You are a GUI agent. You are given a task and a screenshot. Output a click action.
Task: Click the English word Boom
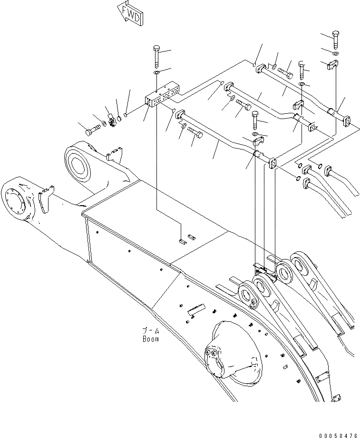(x=150, y=339)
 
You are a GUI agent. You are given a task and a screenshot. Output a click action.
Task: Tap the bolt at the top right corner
(x=335, y=39)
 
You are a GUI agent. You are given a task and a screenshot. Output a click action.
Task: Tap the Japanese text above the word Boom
(x=150, y=329)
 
